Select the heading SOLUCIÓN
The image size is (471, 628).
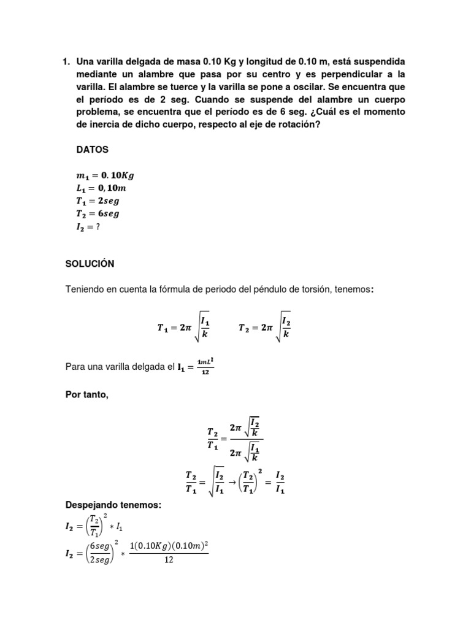(90, 264)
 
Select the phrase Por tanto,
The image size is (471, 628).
(87, 394)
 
